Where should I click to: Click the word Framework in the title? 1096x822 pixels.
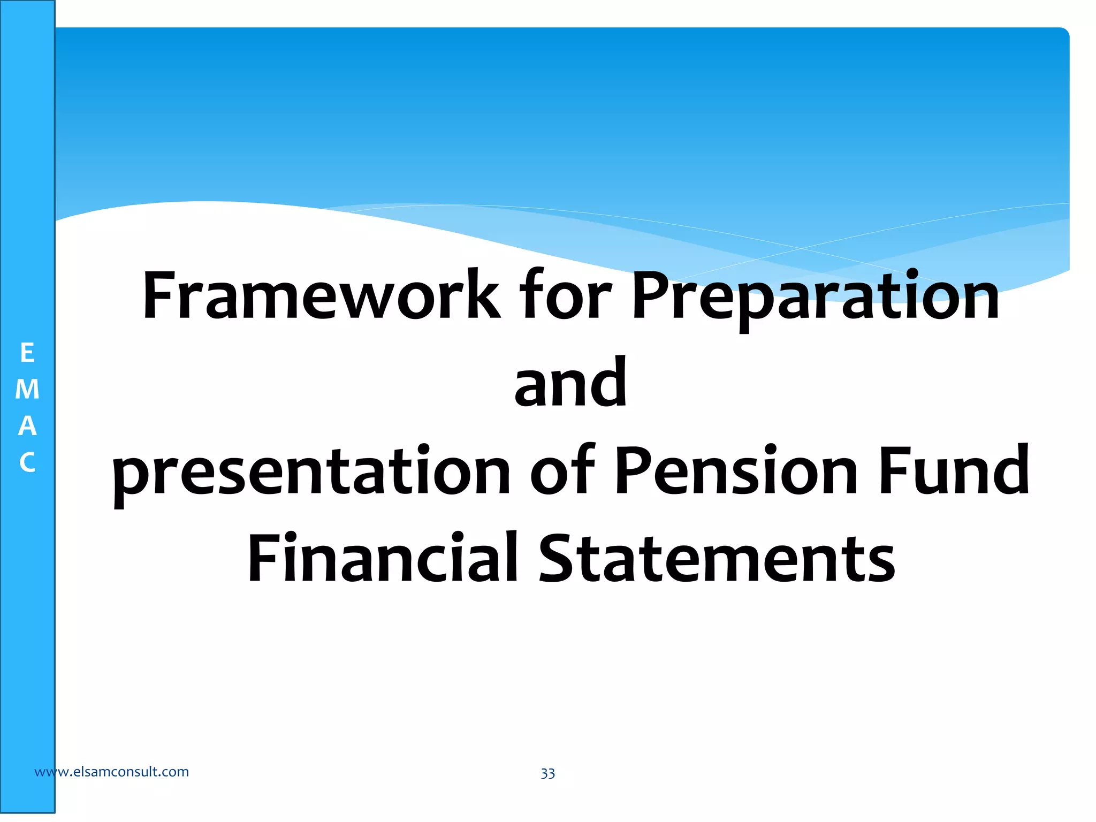coord(320,296)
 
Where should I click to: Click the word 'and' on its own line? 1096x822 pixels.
coord(570,383)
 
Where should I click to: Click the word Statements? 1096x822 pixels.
coord(717,558)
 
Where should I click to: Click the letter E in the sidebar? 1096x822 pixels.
coord(27,353)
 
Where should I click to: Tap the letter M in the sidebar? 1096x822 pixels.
coord(27,390)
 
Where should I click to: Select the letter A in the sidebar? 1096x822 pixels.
coord(27,426)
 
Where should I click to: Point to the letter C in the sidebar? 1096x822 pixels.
coord(27,462)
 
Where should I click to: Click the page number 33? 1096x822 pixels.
coord(547,774)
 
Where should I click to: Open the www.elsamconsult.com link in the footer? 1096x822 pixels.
coord(111,772)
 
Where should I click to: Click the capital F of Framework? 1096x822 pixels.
coord(159,296)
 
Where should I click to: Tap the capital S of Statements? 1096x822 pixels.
coord(559,558)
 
